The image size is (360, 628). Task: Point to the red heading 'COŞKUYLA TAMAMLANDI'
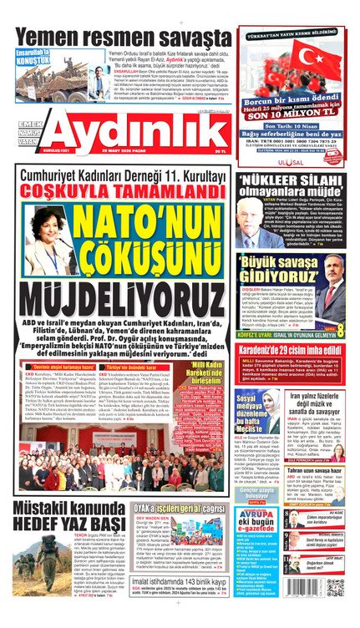[123, 191]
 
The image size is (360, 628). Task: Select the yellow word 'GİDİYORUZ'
[281, 276]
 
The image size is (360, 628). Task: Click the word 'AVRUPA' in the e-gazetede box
[256, 512]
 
